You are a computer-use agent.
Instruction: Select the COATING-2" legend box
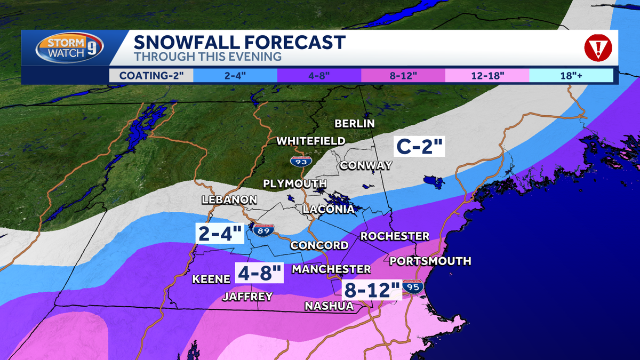click(x=151, y=75)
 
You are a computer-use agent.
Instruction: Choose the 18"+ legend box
click(x=571, y=75)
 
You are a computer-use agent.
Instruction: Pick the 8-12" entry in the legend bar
click(x=403, y=75)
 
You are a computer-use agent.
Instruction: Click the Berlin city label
click(x=355, y=124)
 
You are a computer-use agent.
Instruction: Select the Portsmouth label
click(x=430, y=261)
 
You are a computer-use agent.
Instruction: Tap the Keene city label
click(x=211, y=279)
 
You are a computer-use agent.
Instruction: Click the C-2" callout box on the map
click(x=419, y=146)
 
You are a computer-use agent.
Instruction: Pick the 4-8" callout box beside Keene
click(x=260, y=273)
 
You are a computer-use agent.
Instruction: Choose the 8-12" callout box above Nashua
click(x=372, y=291)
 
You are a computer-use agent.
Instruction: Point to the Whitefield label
click(x=310, y=141)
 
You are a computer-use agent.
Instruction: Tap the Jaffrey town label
click(x=247, y=296)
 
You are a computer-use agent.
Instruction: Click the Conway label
click(x=366, y=165)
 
